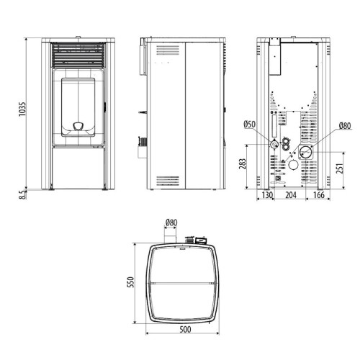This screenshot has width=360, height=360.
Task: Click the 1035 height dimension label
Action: (x=22, y=109)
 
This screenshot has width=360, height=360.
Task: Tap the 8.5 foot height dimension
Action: (x=22, y=194)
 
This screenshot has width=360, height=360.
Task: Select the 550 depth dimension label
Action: (x=130, y=282)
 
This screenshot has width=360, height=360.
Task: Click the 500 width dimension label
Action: (x=185, y=329)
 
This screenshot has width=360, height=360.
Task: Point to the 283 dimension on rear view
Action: (x=243, y=164)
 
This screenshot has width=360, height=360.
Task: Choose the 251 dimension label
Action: (x=340, y=168)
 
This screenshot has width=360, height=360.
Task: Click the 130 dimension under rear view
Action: (x=267, y=195)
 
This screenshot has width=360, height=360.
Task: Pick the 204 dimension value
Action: (x=291, y=195)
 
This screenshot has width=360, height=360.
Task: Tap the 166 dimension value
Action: (x=319, y=195)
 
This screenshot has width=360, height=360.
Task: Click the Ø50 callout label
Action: (x=250, y=125)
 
